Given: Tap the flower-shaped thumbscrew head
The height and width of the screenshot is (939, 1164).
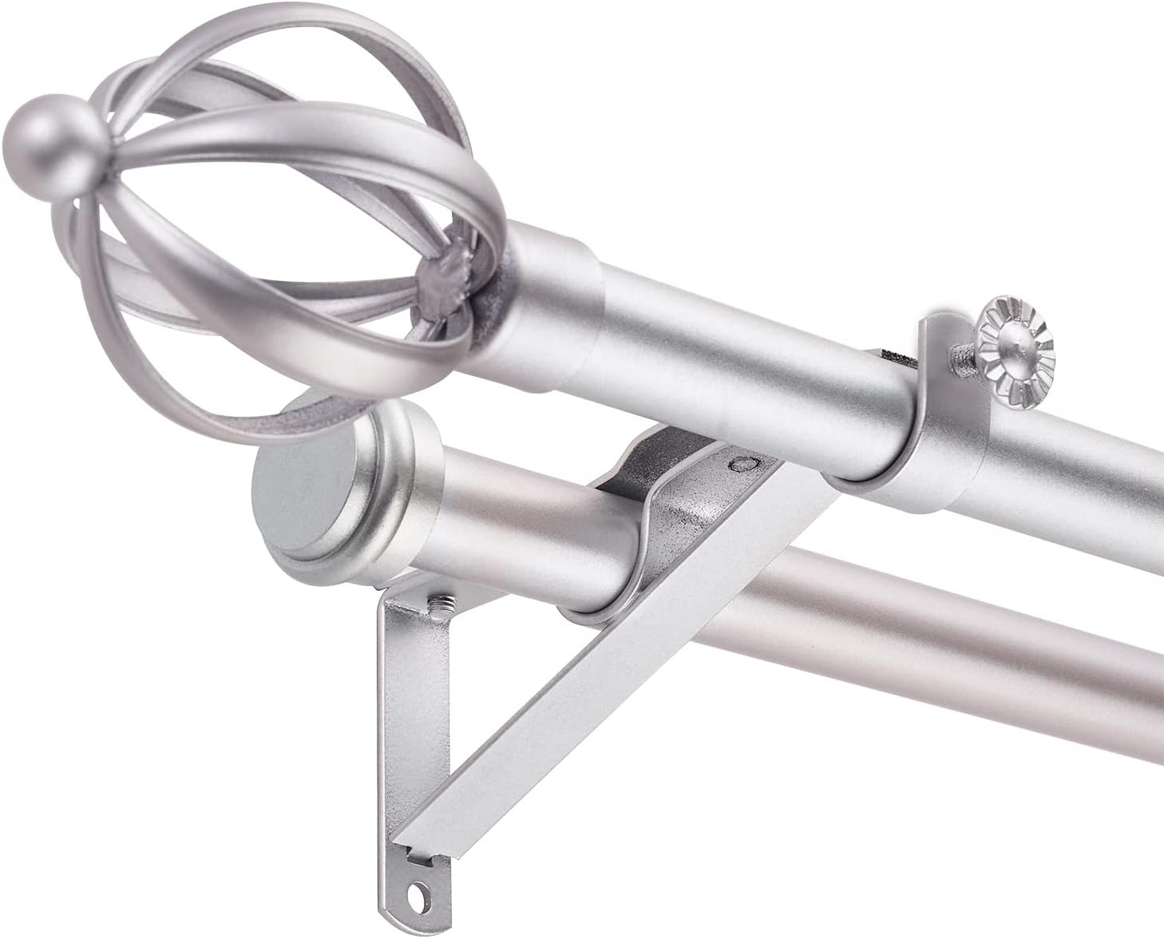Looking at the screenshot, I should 1017,339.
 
